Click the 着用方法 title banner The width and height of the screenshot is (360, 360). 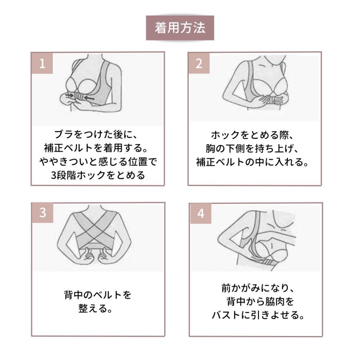[x=180, y=28]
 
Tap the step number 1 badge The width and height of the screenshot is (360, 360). [x=42, y=63]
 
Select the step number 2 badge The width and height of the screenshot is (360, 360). [x=199, y=63]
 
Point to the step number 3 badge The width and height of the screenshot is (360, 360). [x=42, y=213]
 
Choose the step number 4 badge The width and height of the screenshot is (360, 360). [x=201, y=214]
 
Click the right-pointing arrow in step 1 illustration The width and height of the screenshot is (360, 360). [x=70, y=95]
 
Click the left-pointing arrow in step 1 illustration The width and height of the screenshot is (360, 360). [x=89, y=98]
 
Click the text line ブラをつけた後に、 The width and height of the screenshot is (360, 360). [x=96, y=134]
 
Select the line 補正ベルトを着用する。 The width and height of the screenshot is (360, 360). [x=96, y=148]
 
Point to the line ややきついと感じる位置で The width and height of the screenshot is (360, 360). [x=98, y=162]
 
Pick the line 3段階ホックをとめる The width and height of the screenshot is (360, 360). [x=98, y=176]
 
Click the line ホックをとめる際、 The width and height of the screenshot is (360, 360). [x=252, y=135]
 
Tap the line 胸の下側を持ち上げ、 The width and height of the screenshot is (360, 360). [x=252, y=148]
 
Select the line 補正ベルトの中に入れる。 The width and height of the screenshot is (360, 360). [x=252, y=162]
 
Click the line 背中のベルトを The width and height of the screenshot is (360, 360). [x=98, y=295]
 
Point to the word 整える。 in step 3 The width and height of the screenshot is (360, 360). [x=95, y=308]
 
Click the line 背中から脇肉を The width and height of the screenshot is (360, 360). [x=260, y=302]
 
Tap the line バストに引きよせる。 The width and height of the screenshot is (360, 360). [x=258, y=315]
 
